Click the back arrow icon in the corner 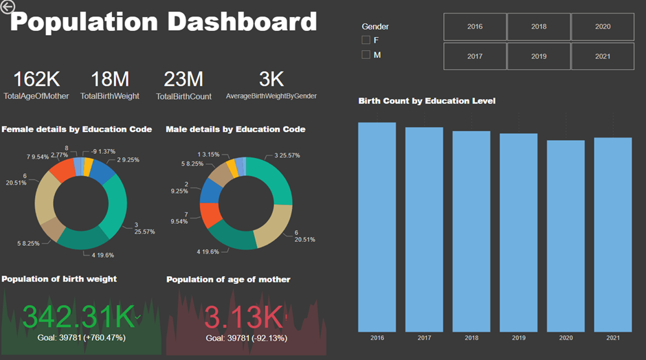8,8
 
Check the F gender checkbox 366,40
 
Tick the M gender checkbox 366,54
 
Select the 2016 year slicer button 474,27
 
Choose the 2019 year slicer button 539,56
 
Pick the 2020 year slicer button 603,27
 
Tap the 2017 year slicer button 474,56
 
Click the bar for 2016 377,227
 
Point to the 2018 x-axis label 471,338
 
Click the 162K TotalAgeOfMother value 36,79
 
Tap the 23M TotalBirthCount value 183,79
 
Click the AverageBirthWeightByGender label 271,96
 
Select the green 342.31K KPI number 79,317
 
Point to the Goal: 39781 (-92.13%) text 246,338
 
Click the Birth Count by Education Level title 427,101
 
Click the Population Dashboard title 164,22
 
